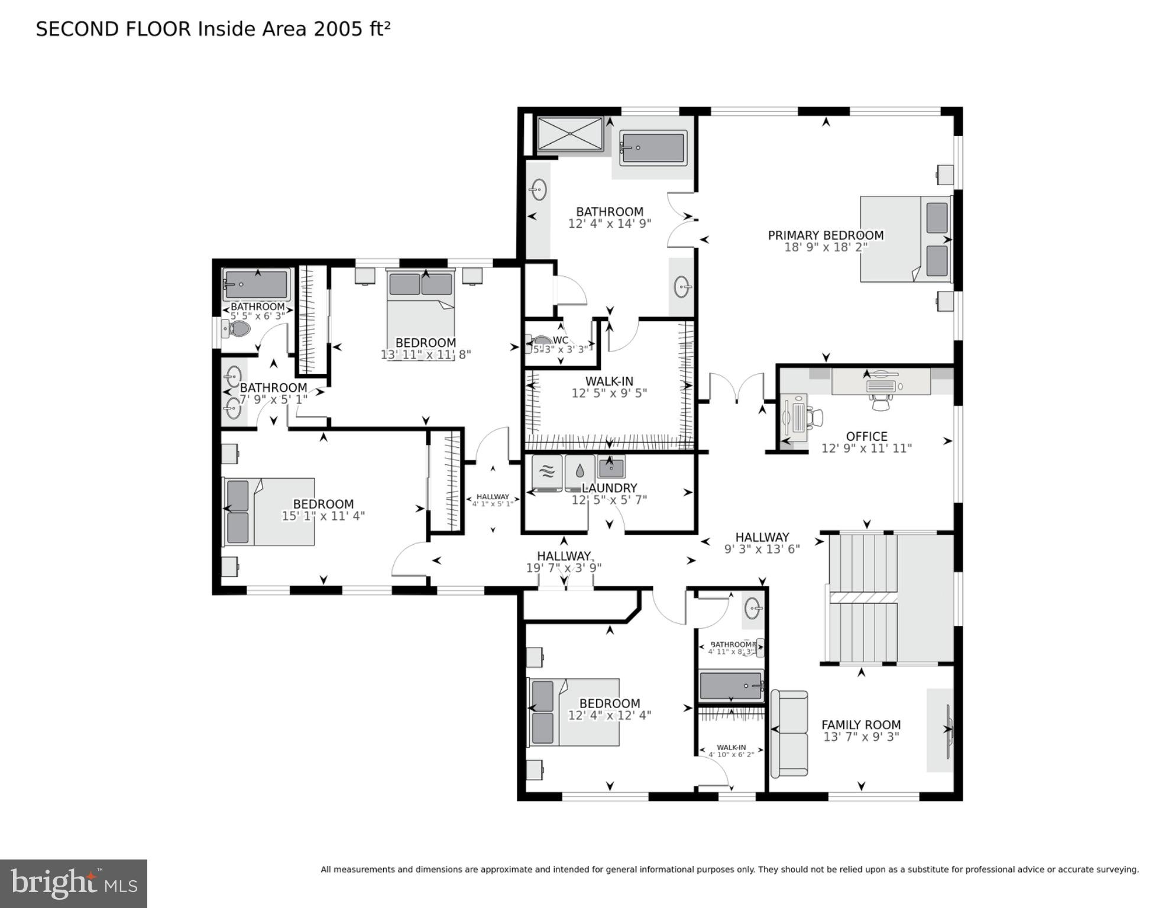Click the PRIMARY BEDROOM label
(x=826, y=235)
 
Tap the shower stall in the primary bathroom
(x=569, y=135)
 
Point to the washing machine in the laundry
(x=547, y=472)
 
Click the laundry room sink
(x=611, y=468)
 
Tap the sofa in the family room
(x=789, y=733)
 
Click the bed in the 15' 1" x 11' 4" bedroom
(x=269, y=512)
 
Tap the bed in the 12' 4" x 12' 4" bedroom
(x=574, y=712)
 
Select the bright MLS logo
(x=73, y=883)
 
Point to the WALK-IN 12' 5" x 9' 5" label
(x=609, y=387)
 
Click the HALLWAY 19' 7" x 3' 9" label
(x=564, y=562)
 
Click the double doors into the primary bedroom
(x=737, y=387)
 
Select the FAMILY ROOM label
(x=861, y=725)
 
